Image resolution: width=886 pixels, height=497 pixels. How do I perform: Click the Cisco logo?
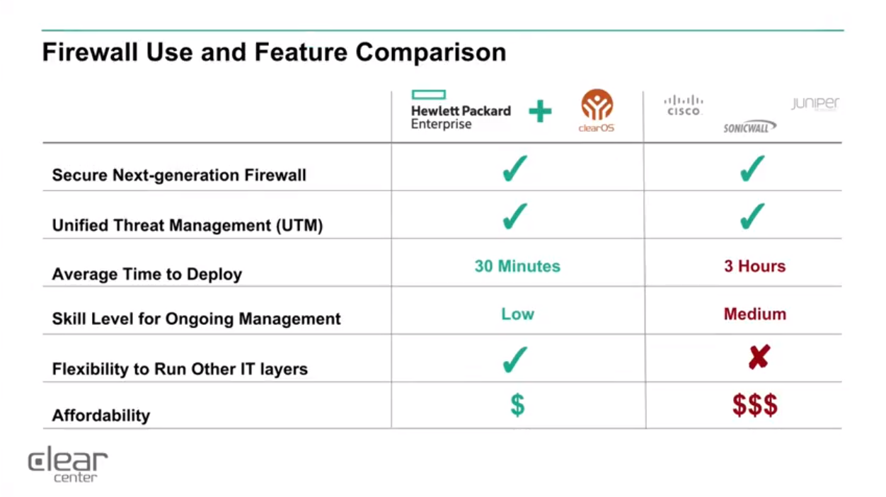(684, 105)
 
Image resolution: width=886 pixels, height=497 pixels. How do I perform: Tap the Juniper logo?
(815, 103)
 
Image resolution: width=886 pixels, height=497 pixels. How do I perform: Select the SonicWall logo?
(750, 127)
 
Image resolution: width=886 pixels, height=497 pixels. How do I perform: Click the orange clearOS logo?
(597, 110)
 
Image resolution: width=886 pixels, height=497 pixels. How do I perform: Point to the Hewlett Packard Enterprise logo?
(461, 110)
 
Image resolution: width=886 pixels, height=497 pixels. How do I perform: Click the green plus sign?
(540, 111)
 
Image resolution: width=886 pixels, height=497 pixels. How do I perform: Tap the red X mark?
(759, 357)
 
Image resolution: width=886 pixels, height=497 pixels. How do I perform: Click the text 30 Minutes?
(517, 266)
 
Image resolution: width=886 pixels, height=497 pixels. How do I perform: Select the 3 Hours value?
(754, 266)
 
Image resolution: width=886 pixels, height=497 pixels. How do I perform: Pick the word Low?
(518, 314)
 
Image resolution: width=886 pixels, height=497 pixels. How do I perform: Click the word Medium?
(755, 314)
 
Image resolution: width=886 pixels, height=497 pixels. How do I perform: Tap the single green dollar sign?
(517, 405)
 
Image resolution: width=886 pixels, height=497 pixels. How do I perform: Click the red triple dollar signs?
(755, 405)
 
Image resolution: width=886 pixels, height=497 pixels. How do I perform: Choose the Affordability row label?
(101, 416)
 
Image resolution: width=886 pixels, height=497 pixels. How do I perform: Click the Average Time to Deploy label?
(147, 274)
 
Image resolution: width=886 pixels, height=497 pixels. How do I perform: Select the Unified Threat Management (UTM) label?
(188, 225)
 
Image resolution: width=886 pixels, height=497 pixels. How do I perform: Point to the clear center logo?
(68, 464)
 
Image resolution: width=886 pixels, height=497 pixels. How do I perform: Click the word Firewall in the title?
(90, 52)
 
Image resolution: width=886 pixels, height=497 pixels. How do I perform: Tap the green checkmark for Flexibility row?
(515, 360)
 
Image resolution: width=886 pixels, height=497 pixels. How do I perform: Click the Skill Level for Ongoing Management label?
(196, 319)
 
